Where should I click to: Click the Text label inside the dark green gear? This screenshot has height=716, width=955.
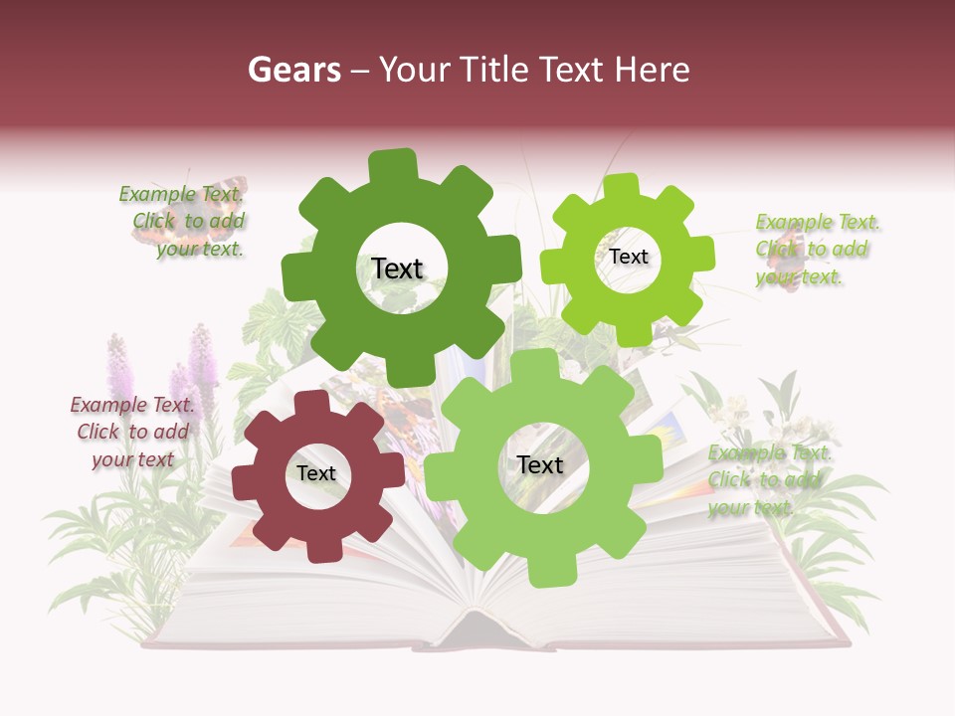pos(397,268)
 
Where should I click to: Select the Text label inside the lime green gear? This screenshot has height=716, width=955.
pos(628,257)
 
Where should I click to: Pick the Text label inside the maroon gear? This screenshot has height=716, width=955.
pos(316,474)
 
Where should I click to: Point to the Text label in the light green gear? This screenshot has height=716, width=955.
pos(540,464)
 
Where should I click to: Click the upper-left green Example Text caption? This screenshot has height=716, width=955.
pos(183,221)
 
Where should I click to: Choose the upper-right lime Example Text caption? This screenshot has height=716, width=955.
pos(816,249)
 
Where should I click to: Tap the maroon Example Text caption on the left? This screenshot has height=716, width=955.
pos(131,432)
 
